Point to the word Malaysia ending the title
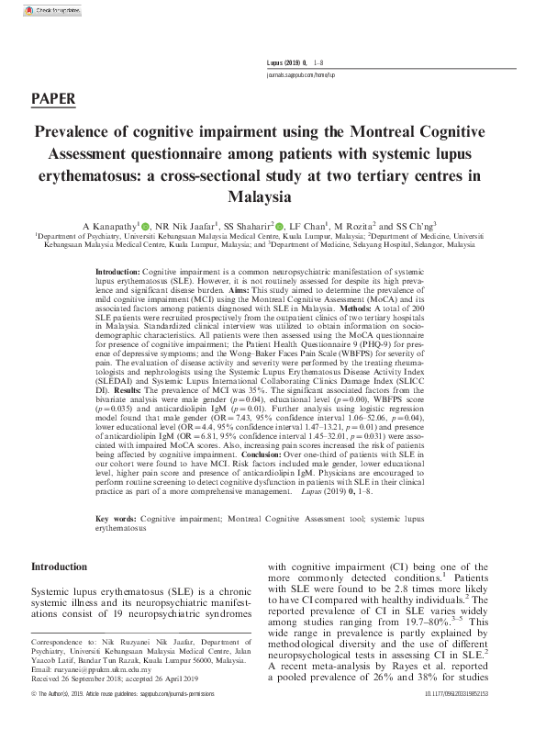coord(273,196)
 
